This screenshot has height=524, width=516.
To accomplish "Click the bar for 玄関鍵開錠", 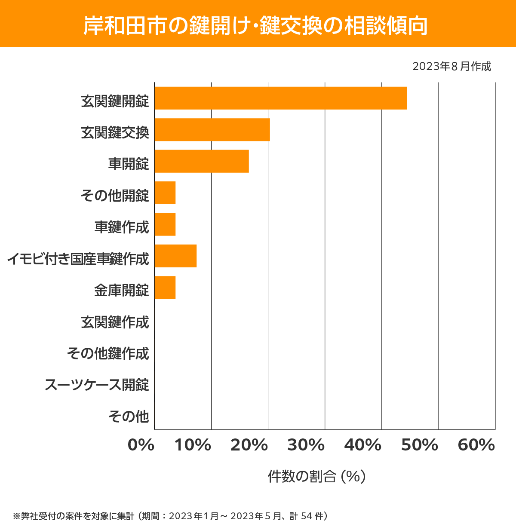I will pyautogui.click(x=280, y=98).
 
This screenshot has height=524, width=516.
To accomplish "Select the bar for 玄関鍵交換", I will pyautogui.click(x=212, y=129).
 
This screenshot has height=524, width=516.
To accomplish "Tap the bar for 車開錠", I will pyautogui.click(x=202, y=161).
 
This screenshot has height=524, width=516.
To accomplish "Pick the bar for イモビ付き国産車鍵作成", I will pyautogui.click(x=175, y=256).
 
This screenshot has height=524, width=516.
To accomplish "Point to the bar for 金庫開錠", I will pyautogui.click(x=165, y=287).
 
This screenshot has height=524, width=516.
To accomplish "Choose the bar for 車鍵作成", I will pyautogui.click(x=165, y=224).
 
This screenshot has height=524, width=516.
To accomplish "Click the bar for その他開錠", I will pyautogui.click(x=165, y=193).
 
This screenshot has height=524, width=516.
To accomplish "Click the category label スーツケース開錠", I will pyautogui.click(x=97, y=384).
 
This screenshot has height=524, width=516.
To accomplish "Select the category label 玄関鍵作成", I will pyautogui.click(x=115, y=322).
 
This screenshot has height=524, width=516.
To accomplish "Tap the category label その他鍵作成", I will pyautogui.click(x=108, y=353).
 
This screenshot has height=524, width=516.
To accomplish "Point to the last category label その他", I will pyautogui.click(x=129, y=416).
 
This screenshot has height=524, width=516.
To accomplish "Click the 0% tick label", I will pyautogui.click(x=141, y=445).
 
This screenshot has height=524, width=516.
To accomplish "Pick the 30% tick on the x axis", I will pyautogui.click(x=306, y=445).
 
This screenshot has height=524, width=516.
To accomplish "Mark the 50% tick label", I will pyautogui.click(x=419, y=445).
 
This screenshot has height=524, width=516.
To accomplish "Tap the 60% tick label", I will pyautogui.click(x=476, y=445).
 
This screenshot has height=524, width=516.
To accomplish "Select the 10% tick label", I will pyautogui.click(x=193, y=445).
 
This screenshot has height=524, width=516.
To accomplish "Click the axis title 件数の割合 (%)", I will pyautogui.click(x=316, y=476).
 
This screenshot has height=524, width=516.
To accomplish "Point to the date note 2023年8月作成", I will pyautogui.click(x=451, y=66).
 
